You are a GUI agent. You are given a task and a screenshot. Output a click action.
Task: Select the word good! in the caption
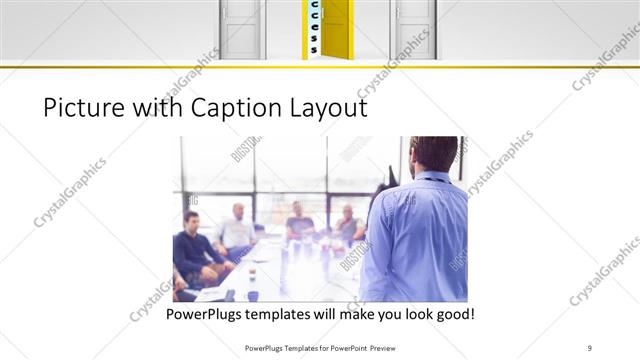[x=452, y=314]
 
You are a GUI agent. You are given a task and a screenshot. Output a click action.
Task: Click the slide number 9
[x=590, y=347]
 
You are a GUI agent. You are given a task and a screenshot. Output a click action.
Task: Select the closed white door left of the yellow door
[x=241, y=28]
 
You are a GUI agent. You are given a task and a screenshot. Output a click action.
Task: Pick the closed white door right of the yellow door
[x=413, y=28]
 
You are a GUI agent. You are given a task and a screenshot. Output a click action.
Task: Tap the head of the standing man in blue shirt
[x=433, y=153]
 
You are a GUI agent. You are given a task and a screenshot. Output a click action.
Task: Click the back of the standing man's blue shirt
[x=415, y=240]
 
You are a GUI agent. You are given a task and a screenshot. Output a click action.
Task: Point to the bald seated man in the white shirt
[x=238, y=230]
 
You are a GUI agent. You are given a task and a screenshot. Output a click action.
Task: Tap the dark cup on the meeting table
[x=253, y=294]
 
